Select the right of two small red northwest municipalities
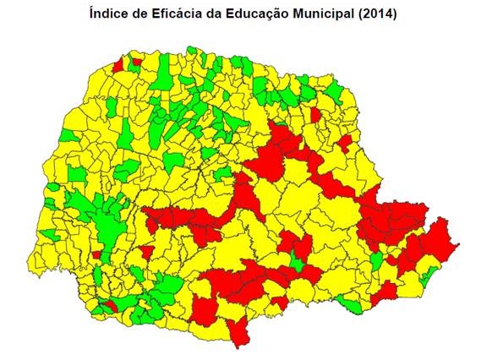click(135, 62)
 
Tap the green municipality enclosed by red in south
click(296, 261)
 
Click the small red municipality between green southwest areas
click(107, 305)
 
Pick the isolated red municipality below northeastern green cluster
click(315, 114)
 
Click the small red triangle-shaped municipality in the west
click(146, 252)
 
